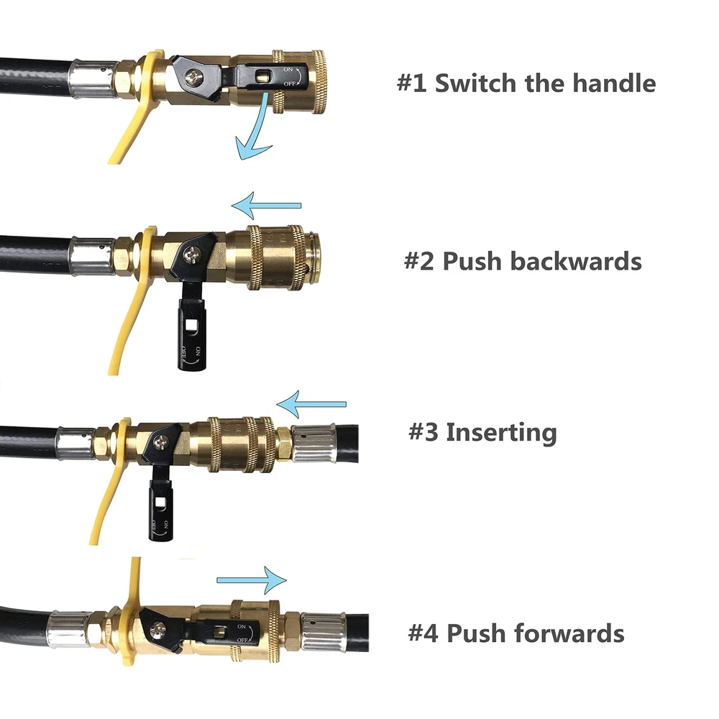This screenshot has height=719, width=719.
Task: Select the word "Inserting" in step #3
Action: pyautogui.click(x=501, y=433)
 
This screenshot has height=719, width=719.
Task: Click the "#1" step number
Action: pyautogui.click(x=412, y=83)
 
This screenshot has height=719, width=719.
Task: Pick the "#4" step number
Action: pyautogui.click(x=423, y=633)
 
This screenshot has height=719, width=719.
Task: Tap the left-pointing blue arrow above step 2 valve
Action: pyautogui.click(x=266, y=206)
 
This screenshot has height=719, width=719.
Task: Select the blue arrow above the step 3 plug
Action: pyautogui.click(x=311, y=406)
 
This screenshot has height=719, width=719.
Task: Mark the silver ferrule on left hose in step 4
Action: pyautogui.click(x=69, y=626)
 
